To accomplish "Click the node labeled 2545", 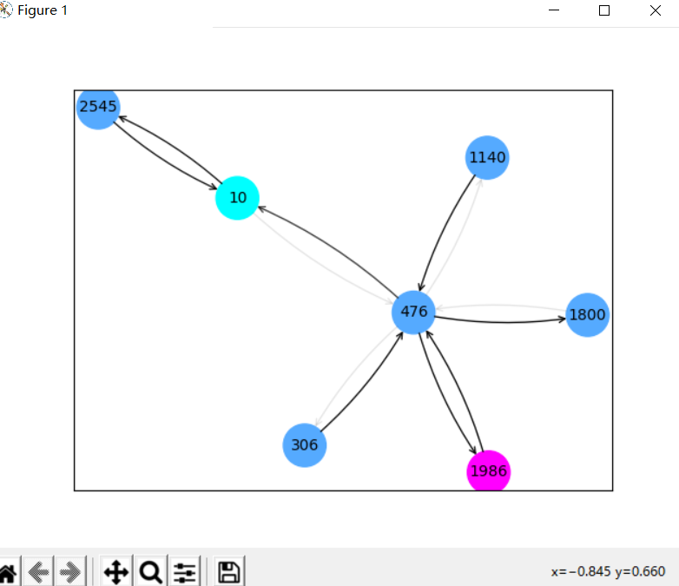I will (x=98, y=109).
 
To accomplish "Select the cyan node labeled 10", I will (x=237, y=198).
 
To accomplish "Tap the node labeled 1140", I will (x=486, y=158).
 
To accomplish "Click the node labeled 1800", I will (x=587, y=315).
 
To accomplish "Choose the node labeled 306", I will (x=305, y=445).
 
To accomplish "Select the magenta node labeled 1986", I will (x=488, y=471).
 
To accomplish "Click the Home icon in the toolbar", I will (x=6, y=572).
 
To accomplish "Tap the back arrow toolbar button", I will (x=38, y=572).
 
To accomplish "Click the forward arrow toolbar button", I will (x=70, y=572).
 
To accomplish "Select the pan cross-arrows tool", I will (x=115, y=572).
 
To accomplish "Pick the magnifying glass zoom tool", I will (x=150, y=572).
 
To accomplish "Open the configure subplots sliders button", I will (x=185, y=572).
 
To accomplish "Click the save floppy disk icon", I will (x=229, y=572).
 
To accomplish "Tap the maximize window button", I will (x=604, y=10).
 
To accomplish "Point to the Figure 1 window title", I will (x=43, y=10).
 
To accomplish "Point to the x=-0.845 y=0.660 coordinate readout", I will (x=608, y=571).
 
